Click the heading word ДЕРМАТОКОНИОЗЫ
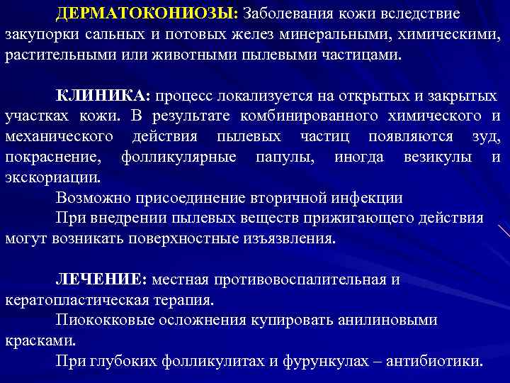point(148,14)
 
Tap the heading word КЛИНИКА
point(103,96)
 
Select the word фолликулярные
point(178,156)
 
